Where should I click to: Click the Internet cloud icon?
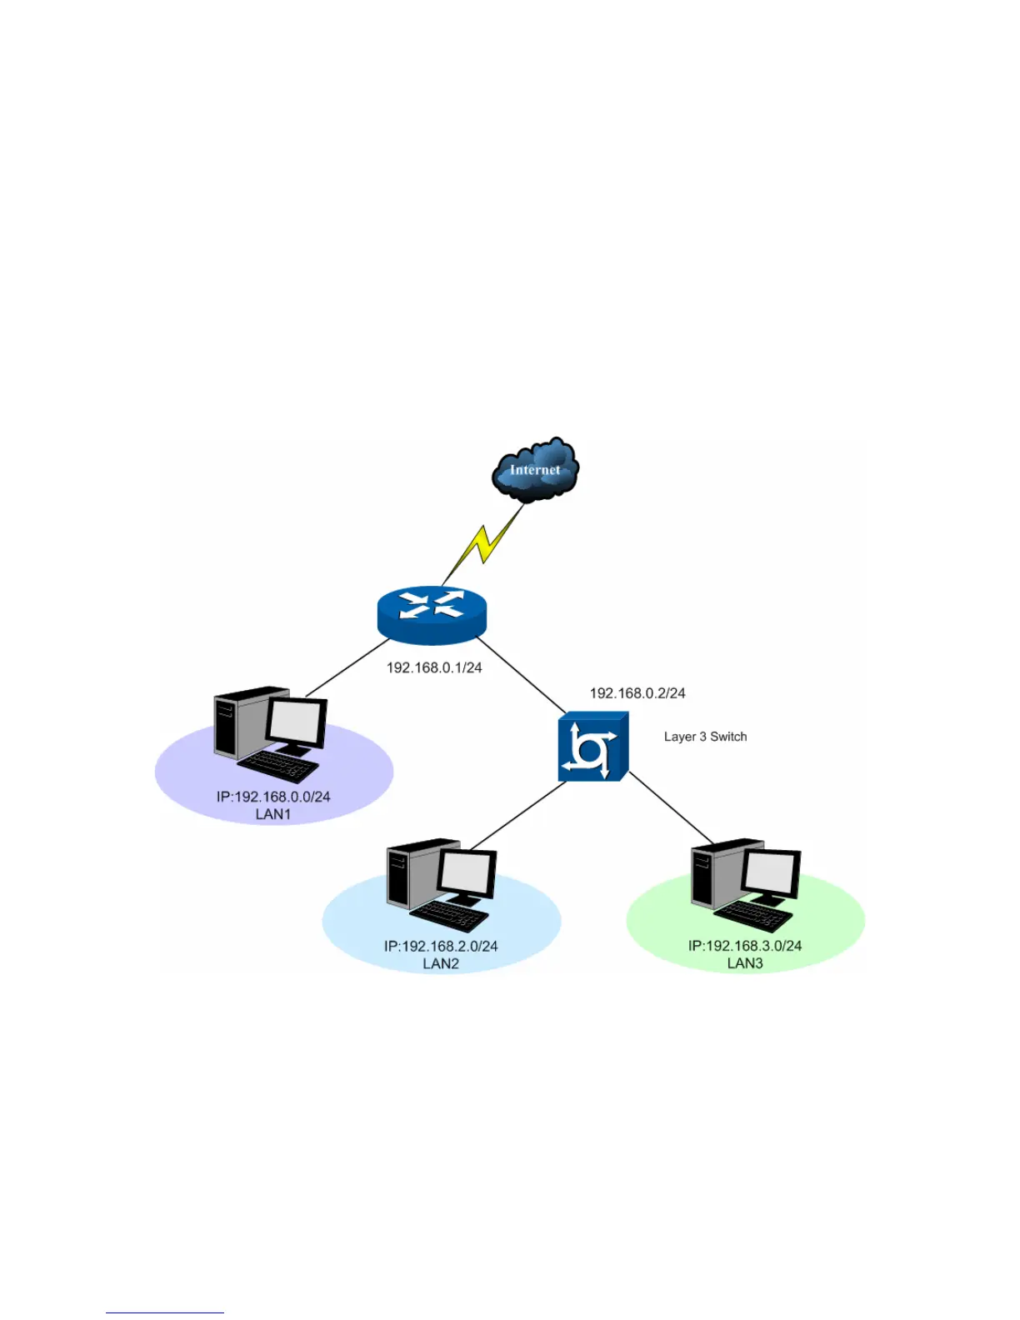coord(535,469)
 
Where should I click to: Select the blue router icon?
coord(431,615)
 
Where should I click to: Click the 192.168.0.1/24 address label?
coord(434,667)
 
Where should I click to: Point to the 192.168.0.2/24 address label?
coord(637,692)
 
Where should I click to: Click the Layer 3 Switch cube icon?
coord(592,747)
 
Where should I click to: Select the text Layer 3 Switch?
coord(705,737)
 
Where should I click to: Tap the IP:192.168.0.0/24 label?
coord(273,797)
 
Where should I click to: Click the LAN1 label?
coord(273,814)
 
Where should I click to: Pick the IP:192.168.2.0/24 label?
coord(441,946)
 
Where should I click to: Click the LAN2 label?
coord(441,963)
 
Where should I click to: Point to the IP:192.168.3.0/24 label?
coord(745,946)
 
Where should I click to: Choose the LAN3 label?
coord(745,963)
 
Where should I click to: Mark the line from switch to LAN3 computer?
coord(672,809)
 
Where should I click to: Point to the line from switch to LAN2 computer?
coord(518,816)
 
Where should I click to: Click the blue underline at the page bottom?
coord(164,1312)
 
